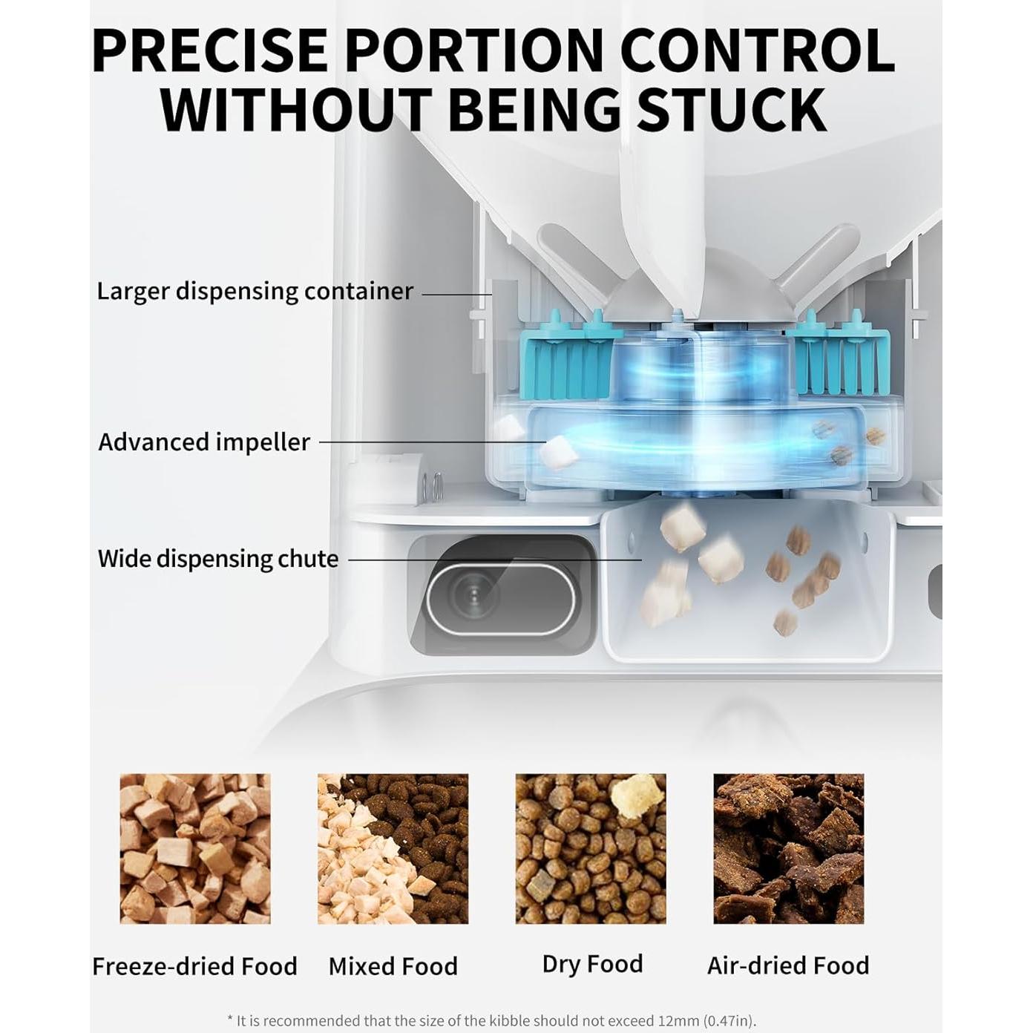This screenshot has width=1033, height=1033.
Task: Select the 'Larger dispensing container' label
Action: coord(255,291)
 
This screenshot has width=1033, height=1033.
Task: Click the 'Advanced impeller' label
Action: coord(204,442)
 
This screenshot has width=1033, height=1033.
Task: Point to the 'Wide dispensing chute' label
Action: coord(218,559)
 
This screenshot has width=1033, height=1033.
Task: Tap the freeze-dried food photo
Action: coord(195,848)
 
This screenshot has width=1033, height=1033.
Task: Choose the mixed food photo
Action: coord(393,848)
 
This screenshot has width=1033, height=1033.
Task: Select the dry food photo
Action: coord(591,848)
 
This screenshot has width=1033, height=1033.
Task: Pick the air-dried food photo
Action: coord(788,848)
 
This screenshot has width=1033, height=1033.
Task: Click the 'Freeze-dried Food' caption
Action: coord(194,966)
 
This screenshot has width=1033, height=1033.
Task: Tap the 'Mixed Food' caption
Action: coord(393,966)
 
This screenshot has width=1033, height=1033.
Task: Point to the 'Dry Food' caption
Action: coord(592,964)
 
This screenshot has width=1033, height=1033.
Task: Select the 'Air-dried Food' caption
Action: coord(788,965)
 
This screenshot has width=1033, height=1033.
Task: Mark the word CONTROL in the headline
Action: coord(757,50)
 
